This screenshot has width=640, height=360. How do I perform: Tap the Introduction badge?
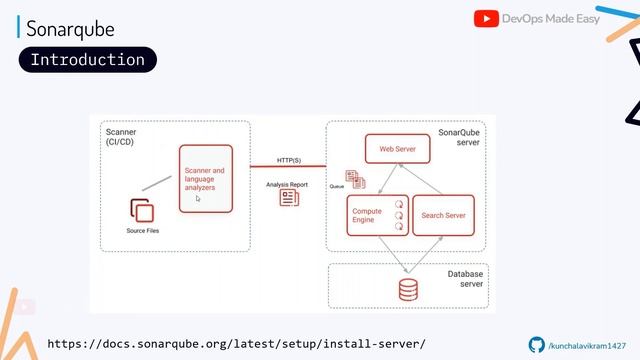pos(87,60)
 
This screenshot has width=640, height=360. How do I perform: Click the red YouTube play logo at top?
pos(485,19)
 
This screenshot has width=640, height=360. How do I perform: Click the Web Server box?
pos(397,149)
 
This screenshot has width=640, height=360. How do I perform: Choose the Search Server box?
pos(442,215)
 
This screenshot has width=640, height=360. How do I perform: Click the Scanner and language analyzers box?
pos(205,178)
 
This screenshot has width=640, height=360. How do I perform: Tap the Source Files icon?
pos(141,211)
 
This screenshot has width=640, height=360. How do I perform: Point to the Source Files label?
pos(142,231)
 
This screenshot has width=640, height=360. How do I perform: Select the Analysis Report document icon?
pos(289,198)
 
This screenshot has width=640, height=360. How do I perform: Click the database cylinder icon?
pos(407,289)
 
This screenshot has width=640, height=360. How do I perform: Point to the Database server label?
pos(465,278)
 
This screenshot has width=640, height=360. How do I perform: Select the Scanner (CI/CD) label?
pos(122,137)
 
